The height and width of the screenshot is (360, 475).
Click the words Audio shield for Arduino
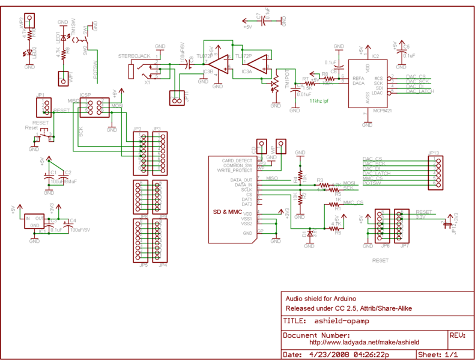[x=321, y=299]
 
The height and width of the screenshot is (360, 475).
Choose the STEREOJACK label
[x=135, y=55]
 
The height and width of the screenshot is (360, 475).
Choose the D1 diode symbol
[x=310, y=231]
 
